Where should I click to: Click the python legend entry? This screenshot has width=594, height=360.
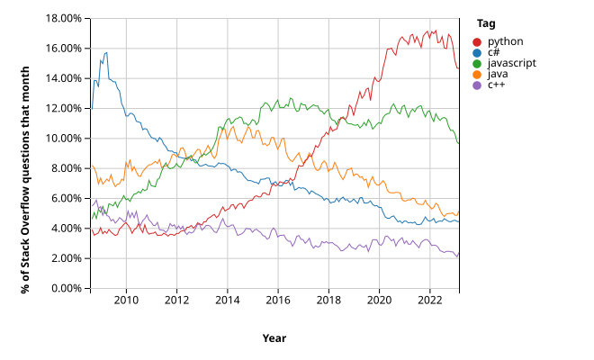(x=503, y=41)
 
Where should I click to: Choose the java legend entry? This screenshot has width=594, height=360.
(x=498, y=74)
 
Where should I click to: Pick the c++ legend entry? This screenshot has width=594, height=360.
(x=496, y=85)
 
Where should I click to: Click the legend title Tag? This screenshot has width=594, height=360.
(x=485, y=23)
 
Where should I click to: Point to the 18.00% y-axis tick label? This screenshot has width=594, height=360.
(x=63, y=18)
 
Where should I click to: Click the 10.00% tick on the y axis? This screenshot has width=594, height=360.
(x=63, y=138)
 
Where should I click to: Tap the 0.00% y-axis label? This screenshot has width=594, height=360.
(x=66, y=288)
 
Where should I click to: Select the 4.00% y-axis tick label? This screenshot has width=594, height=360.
(x=66, y=228)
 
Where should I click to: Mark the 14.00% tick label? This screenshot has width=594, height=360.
(x=63, y=78)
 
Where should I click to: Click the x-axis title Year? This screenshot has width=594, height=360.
(x=274, y=337)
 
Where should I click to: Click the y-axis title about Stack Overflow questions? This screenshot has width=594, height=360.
(x=25, y=153)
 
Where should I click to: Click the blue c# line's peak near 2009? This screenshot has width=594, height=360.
(x=106, y=53)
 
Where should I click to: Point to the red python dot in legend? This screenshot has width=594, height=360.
(x=479, y=41)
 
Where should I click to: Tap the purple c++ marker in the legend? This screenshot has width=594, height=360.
(x=479, y=85)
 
